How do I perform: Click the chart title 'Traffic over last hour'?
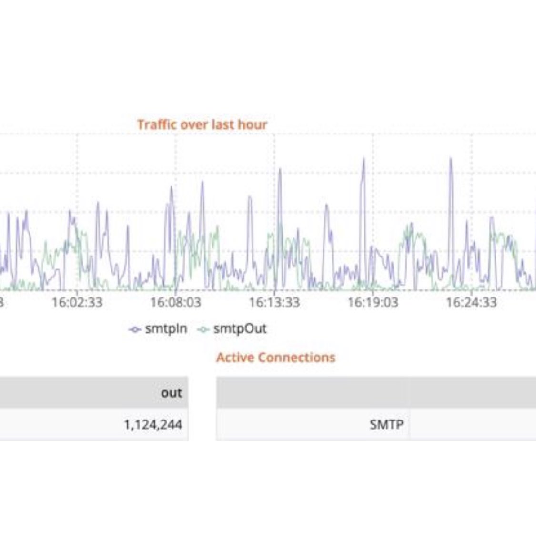(x=202, y=125)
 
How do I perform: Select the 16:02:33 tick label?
(x=77, y=302)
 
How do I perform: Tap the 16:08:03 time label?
(x=176, y=302)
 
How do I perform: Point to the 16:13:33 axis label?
(x=274, y=302)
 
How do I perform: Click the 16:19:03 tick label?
(x=373, y=302)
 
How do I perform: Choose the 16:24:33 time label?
(x=471, y=302)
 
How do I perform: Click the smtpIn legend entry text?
(x=166, y=328)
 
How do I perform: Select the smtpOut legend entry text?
(x=240, y=328)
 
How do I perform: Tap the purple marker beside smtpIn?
(x=135, y=329)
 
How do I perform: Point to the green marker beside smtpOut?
(x=203, y=329)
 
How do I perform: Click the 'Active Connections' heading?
(x=276, y=358)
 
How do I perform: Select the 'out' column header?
(x=172, y=393)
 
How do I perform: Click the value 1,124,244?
(x=153, y=424)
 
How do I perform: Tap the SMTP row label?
(x=386, y=424)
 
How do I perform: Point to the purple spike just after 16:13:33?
(x=280, y=170)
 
